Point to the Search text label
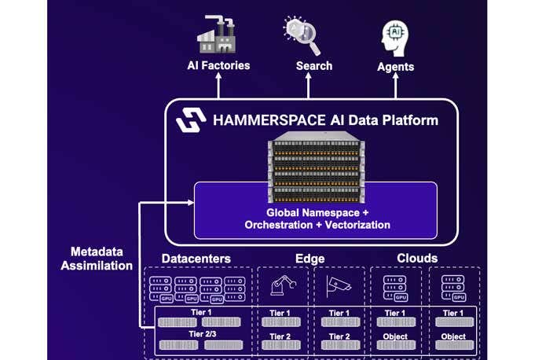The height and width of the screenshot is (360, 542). tap(314, 66)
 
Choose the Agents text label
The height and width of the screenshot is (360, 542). tap(396, 67)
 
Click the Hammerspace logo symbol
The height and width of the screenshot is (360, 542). tap(190, 121)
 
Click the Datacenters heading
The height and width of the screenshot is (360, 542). tap(196, 258)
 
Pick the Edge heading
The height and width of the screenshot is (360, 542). tap(310, 258)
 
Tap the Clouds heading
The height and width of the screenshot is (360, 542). tap(417, 258)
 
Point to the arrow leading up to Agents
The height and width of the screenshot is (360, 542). tap(395, 86)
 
